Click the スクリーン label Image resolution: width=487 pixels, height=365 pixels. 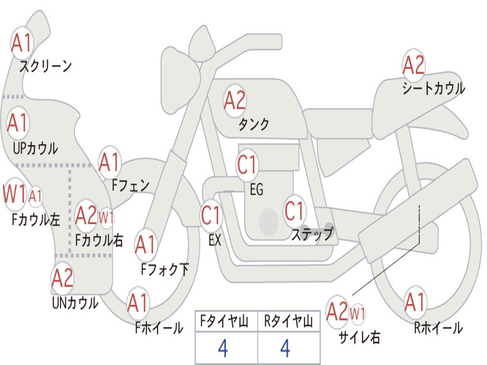pos(46,66)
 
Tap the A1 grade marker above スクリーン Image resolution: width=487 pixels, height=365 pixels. pos(22,43)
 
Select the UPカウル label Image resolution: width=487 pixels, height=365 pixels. pos(35,148)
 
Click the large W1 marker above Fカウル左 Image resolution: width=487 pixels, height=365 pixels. pos(14,193)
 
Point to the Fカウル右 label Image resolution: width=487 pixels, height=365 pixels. pos(99,240)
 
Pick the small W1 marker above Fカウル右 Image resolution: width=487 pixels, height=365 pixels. pos(106,217)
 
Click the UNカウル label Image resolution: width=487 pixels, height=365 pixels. pos(75,303)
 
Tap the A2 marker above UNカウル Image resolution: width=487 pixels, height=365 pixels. pos(62,278)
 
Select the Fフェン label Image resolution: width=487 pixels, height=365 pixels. pos(130,185)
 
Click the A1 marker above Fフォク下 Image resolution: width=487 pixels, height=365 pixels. pos(146,245)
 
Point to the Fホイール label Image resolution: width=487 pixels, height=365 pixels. pos(159,328)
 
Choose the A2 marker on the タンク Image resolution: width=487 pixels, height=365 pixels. pos(235,101)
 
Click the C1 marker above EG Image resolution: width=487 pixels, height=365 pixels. pos(247,164)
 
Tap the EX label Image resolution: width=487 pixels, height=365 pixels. pos(215,240)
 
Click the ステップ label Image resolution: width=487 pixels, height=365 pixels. pos(312,234)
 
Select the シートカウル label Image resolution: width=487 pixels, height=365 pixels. pos(434,88)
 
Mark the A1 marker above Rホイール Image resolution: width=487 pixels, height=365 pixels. pos(415,302)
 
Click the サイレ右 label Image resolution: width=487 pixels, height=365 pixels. pos(359,337)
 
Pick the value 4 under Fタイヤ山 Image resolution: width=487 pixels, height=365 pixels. pos(224,348)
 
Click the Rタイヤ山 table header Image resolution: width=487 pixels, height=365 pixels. pos(289,321)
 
